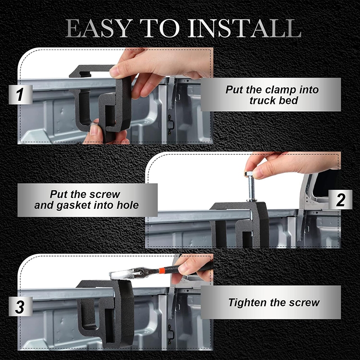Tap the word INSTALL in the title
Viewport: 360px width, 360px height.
244,28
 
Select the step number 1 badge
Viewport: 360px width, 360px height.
20,94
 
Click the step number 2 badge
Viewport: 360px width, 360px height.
340,199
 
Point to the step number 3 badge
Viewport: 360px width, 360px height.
20,306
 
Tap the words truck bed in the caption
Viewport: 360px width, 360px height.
274,100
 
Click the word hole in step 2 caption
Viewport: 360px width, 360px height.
128,205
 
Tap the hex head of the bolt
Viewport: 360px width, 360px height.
250,174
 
